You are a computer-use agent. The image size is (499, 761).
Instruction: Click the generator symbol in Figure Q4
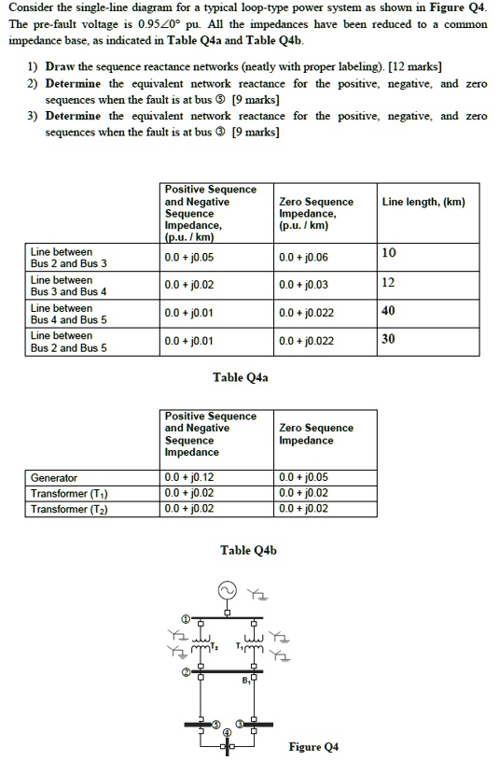(x=227, y=591)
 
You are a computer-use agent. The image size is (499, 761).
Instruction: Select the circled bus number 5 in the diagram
(x=216, y=724)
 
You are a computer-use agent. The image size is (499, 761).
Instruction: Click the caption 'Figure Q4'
(x=313, y=746)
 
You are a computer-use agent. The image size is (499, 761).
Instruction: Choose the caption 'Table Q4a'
(x=241, y=377)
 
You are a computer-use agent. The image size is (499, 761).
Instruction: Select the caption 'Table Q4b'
(x=248, y=550)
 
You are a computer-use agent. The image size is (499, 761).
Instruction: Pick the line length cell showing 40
(x=389, y=310)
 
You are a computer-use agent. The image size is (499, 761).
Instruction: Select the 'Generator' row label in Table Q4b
(x=54, y=477)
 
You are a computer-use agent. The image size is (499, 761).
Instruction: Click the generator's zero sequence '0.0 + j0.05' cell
(x=304, y=477)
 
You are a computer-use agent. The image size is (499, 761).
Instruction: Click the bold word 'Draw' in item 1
(x=62, y=67)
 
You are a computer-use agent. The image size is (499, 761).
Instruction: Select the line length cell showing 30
(x=389, y=338)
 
